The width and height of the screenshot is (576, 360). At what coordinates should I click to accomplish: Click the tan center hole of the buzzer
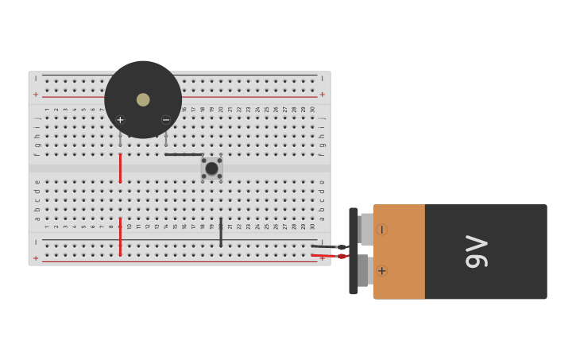pos(143,99)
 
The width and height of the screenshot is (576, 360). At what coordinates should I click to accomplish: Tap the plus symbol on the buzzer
pos(120,120)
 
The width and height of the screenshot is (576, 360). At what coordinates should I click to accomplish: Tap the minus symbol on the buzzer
pos(166,120)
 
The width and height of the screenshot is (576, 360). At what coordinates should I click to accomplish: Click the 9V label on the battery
pos(476,251)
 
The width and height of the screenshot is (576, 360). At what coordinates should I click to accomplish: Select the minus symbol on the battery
pos(382,230)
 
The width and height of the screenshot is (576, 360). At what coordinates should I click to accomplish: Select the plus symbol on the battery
pos(382,271)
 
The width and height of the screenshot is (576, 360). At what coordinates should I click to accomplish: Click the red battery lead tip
pos(342,256)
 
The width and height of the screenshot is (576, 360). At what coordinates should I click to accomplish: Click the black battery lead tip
pos(341,247)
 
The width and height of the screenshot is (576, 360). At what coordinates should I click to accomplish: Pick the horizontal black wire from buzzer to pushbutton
pos(184,154)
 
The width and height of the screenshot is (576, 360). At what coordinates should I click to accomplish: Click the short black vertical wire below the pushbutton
pos(221,231)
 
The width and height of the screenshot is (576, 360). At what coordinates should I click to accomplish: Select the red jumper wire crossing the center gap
pos(120,168)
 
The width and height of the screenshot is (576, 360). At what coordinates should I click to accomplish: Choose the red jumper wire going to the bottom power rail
pos(120,236)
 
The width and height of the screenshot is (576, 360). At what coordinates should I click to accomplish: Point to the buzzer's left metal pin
pos(120,139)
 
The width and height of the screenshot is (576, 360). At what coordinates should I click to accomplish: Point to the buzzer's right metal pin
pos(165,139)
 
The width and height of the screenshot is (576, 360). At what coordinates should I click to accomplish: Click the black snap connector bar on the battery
pos(354,251)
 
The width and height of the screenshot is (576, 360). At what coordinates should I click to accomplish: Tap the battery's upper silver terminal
pos(365,229)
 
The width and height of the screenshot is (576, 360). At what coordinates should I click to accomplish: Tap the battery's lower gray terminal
pos(363,270)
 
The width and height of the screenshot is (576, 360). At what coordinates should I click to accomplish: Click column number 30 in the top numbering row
pos(312,110)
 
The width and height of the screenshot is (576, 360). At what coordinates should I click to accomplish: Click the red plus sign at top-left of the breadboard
pos(35,95)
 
